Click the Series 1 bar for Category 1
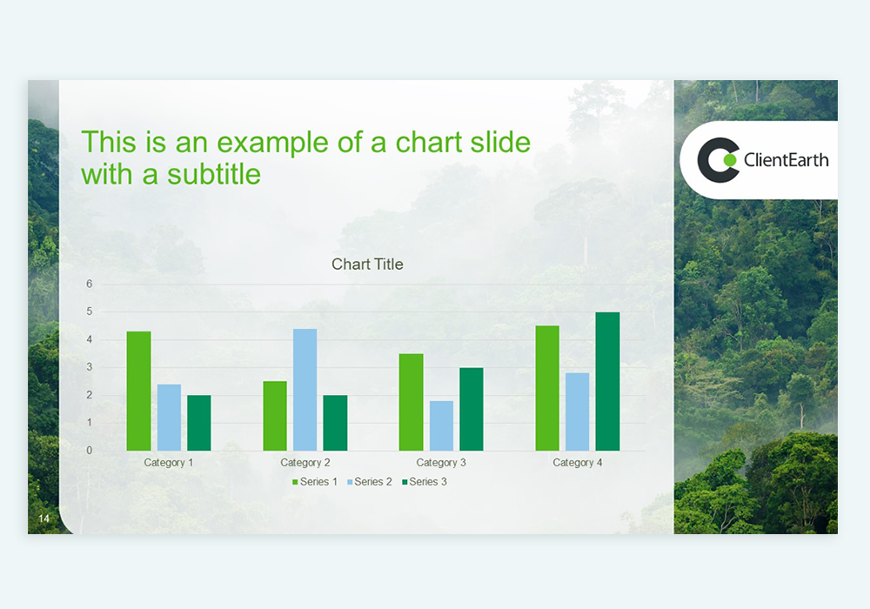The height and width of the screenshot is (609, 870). (138, 391)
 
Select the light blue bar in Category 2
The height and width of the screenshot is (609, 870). (305, 390)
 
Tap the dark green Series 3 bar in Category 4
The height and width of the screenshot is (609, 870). (607, 382)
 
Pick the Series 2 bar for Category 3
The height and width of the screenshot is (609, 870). (441, 425)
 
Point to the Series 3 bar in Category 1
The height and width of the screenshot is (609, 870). (198, 423)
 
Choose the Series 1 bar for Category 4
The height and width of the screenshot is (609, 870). (547, 388)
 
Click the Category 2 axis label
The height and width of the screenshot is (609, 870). (305, 463)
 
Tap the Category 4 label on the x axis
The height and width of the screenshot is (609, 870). (578, 463)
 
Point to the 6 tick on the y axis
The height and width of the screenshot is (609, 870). (90, 284)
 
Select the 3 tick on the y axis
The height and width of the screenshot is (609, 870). (90, 367)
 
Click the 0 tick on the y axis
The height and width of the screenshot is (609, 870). (90, 451)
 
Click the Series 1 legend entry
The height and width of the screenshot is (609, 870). (315, 482)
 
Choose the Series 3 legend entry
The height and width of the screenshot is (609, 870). (425, 482)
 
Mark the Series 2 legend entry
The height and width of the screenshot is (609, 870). (370, 482)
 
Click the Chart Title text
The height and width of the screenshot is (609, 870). (367, 264)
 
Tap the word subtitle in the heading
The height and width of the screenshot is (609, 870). (214, 174)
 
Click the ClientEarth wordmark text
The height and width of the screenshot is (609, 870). (786, 160)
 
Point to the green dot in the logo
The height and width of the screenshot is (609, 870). (730, 160)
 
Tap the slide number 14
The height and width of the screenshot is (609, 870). (43, 519)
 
